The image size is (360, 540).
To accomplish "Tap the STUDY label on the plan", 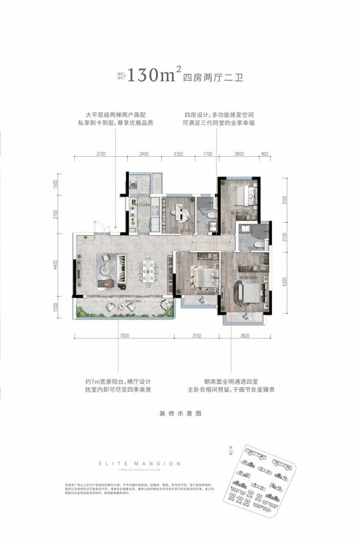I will [185, 230].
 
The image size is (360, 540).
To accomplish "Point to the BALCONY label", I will [133, 301].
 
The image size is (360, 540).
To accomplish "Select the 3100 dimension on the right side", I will [285, 200].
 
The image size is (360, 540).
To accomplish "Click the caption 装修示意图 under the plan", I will [180, 413].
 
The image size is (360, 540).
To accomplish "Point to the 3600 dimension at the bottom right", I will [244, 336].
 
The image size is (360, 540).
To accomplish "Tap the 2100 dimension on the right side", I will [285, 236].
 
